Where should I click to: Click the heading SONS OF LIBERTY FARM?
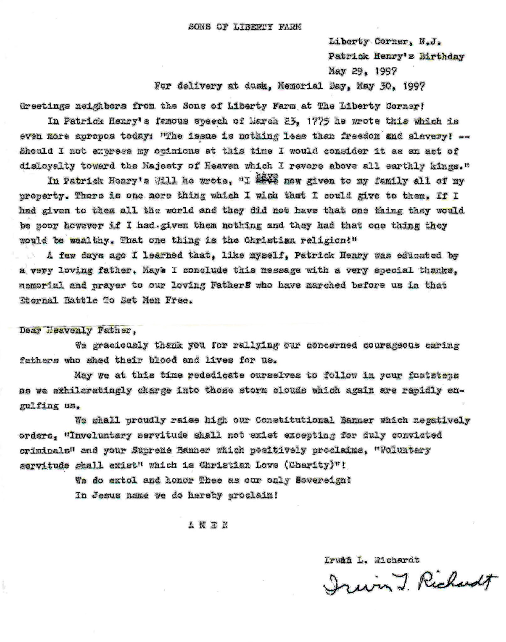tap(245, 27)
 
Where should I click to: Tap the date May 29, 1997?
tap(362, 71)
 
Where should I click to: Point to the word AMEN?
tap(208, 525)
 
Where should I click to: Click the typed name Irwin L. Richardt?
tap(372, 560)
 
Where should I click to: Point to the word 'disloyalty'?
tap(47, 166)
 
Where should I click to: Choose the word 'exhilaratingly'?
tap(92, 391)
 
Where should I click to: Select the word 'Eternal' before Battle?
tap(39, 300)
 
